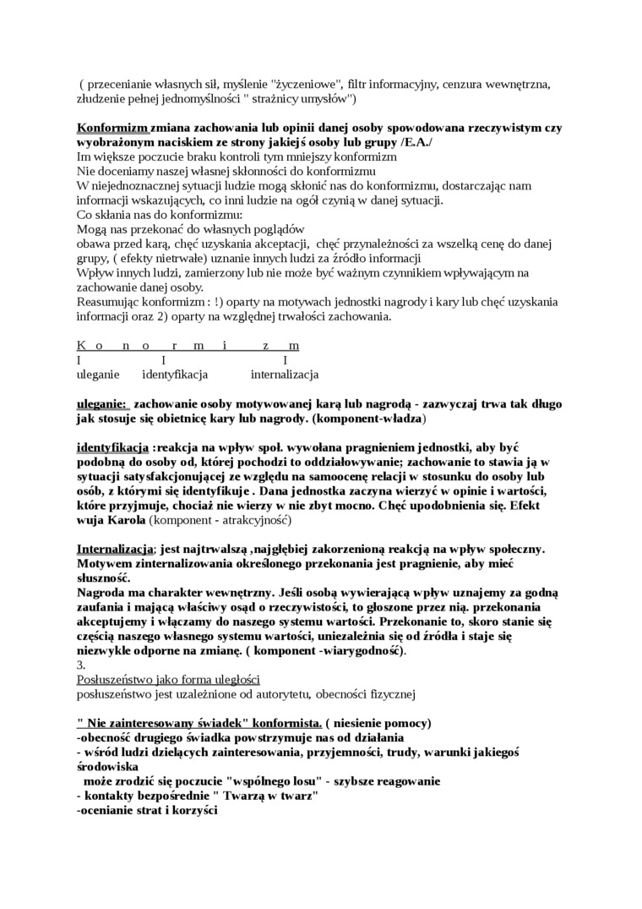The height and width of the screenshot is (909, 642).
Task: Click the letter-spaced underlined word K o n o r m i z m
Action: [188, 346]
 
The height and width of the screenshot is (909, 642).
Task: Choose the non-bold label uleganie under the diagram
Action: [98, 374]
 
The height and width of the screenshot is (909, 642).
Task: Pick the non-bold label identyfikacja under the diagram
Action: [175, 374]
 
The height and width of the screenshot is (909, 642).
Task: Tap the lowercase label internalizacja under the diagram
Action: [284, 374]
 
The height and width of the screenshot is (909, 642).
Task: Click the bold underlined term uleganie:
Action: [102, 404]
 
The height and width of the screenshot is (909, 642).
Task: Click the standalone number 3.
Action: [80, 665]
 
